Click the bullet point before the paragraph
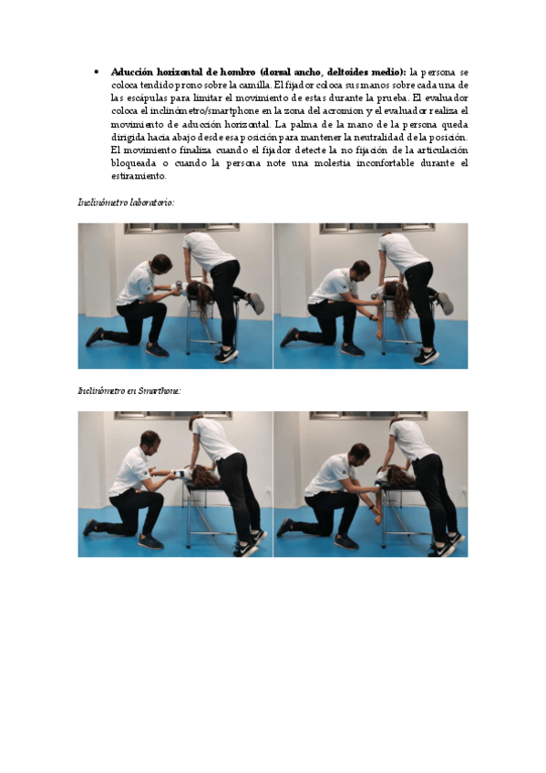[x=96, y=73]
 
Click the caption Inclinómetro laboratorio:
[x=126, y=202]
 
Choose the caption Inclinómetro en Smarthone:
[x=129, y=390]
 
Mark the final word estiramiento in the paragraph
[x=139, y=176]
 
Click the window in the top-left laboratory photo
[x=181, y=228]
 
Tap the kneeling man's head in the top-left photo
[x=161, y=263]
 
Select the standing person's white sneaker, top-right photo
[x=427, y=355]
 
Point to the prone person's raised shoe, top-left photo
[x=256, y=303]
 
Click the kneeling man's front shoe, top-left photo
[x=157, y=349]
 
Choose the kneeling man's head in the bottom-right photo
[x=360, y=453]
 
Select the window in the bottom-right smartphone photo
[x=368, y=416]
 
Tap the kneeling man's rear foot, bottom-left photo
[x=90, y=527]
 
